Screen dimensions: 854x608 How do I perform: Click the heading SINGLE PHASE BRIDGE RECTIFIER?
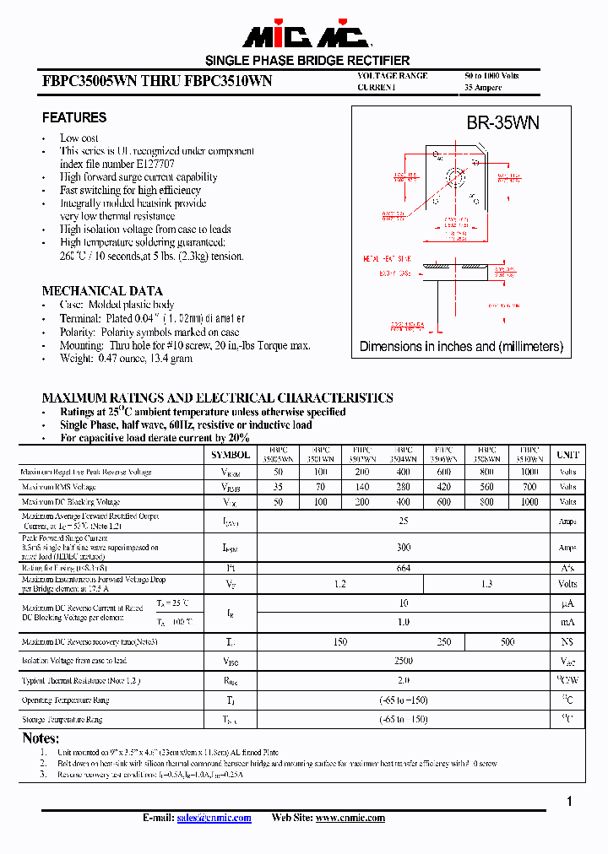tap(307, 61)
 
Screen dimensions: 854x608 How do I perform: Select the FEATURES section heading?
tap(74, 117)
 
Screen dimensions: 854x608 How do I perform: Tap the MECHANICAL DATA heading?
tap(102, 291)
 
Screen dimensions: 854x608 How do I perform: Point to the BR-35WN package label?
tap(502, 123)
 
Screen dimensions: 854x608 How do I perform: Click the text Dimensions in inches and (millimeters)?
tap(461, 346)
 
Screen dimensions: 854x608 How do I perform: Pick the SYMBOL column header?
tap(231, 455)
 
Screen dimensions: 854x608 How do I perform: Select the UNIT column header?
tap(567, 455)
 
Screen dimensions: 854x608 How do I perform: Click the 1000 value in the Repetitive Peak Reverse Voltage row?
tap(529, 473)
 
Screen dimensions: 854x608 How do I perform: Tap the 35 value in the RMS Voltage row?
tap(279, 488)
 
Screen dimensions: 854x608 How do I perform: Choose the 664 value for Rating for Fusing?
tap(404, 568)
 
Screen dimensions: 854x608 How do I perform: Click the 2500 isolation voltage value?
tap(404, 662)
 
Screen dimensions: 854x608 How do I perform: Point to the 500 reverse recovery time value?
tap(508, 642)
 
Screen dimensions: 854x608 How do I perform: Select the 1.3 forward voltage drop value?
tap(487, 583)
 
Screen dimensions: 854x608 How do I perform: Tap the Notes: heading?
tap(41, 738)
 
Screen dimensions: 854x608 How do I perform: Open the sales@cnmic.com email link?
tap(213, 818)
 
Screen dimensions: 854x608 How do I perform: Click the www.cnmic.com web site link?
tap(350, 818)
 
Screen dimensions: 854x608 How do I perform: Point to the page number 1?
tap(570, 802)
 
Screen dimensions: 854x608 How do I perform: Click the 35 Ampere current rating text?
tap(483, 88)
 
